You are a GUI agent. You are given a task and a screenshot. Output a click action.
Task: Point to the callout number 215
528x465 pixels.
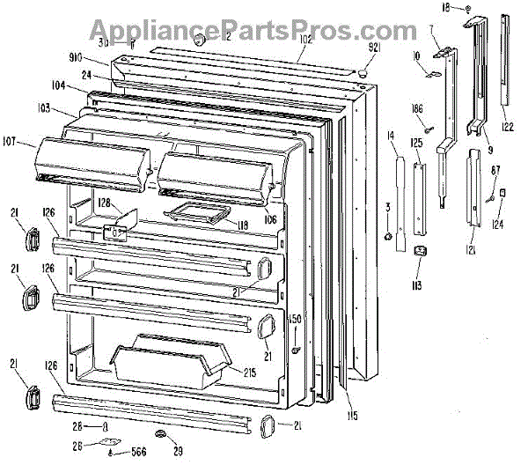249,373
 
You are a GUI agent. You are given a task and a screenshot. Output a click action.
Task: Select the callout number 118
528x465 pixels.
241,225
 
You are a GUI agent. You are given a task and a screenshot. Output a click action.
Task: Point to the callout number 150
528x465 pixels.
296,319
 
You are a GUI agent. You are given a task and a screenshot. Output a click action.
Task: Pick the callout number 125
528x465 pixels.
417,143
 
